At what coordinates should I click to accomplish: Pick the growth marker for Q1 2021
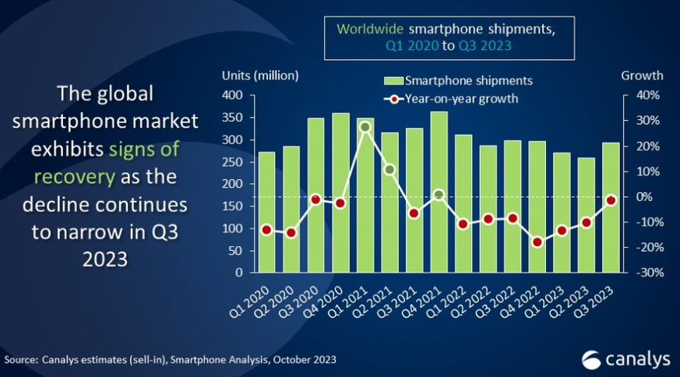tap(365, 127)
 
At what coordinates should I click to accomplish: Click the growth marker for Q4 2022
tap(537, 242)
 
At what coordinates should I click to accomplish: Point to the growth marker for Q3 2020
tap(315, 199)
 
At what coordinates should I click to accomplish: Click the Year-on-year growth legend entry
tap(451, 99)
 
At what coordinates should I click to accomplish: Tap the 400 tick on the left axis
tap(233, 96)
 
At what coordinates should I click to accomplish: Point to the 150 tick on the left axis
tap(233, 206)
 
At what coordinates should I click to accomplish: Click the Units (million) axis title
tap(260, 76)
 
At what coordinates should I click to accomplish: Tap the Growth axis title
tap(642, 76)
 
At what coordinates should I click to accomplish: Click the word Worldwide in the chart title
tap(369, 29)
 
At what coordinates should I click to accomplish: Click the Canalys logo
tap(626, 359)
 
